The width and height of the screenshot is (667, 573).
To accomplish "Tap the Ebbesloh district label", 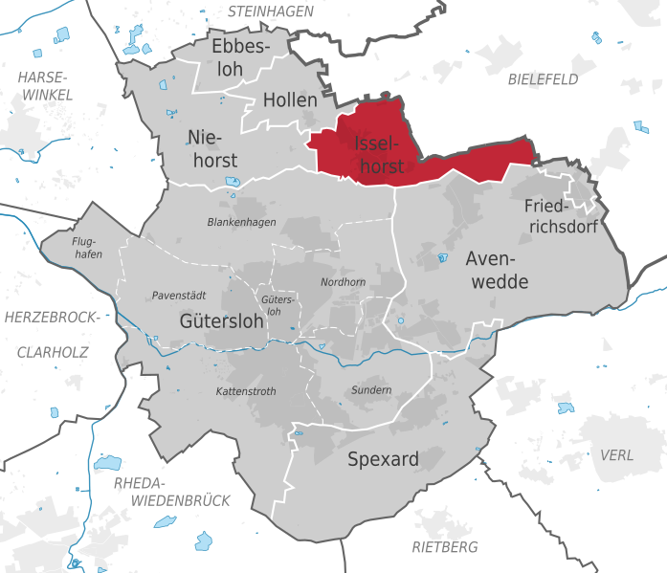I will [241, 58].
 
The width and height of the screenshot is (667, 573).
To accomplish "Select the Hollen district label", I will [289, 99].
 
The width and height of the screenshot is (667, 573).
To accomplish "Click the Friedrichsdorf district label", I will [561, 216].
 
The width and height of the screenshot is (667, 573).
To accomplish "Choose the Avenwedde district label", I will [497, 270].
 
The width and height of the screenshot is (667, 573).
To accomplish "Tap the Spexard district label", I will [383, 459].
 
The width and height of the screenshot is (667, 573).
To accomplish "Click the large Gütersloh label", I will [221, 322].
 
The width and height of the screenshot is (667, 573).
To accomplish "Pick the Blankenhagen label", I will [241, 222].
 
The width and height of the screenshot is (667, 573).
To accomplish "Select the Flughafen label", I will [88, 247].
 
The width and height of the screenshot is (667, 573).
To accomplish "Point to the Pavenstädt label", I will [179, 296].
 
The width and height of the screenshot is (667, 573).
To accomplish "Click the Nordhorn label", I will [343, 281].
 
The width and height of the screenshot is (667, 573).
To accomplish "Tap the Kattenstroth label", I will [246, 391].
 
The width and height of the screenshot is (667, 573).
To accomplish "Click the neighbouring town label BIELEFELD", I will [544, 78].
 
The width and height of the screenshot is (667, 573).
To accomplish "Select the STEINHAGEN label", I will [271, 11].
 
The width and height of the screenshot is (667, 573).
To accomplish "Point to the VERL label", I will [616, 454].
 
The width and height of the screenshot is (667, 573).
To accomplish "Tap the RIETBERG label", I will [444, 547].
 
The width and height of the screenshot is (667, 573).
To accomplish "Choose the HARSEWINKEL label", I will [45, 85].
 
